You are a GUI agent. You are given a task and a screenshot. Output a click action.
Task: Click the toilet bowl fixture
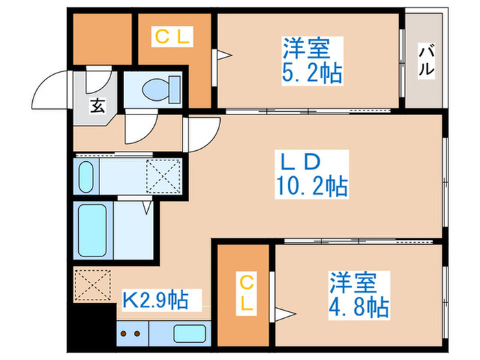161,90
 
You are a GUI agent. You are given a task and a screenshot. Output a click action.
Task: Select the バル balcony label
426,60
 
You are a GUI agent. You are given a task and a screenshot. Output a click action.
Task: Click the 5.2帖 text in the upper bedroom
311,74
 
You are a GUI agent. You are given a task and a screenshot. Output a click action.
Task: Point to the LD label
300,162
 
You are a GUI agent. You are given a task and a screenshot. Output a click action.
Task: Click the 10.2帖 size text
311,186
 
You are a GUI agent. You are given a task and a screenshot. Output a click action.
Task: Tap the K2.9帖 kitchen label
155,300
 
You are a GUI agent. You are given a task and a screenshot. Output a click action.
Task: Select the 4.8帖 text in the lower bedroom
359,307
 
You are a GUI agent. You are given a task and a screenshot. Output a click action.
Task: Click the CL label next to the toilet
172,36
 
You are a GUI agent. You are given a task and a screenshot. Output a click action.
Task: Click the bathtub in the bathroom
92,230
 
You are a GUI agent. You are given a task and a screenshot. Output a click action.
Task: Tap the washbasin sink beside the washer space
86,177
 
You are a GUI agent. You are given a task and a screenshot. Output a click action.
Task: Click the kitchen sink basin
189,333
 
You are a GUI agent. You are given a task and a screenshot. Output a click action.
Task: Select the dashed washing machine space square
163,176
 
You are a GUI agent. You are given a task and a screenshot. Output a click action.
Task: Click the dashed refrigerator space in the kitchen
93,285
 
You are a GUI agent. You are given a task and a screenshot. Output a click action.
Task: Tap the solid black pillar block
92,325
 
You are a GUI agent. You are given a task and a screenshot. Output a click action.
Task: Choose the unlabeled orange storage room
103,39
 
